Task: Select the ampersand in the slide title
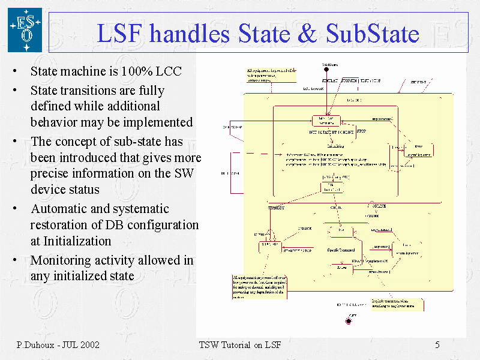[x=307, y=34]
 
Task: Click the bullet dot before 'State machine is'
[x=14, y=72]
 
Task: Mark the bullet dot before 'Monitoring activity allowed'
[x=14, y=261]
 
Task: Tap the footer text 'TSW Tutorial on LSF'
[x=239, y=345]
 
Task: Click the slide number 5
[x=437, y=345]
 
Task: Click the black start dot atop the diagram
[x=327, y=68]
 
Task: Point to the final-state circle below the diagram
[x=349, y=321]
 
